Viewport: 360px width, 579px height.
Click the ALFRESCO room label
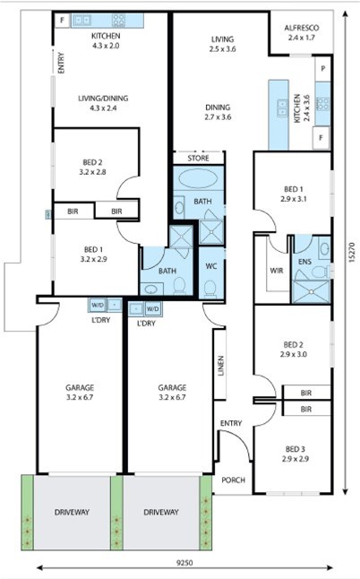[302, 28]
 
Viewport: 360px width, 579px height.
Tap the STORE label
[199, 159]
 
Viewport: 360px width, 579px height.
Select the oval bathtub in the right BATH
[198, 179]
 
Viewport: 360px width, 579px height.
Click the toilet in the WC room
[210, 288]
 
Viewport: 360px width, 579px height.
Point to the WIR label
[277, 271]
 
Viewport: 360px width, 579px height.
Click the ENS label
[304, 262]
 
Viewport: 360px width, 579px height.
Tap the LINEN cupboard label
[221, 366]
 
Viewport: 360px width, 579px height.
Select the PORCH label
[233, 480]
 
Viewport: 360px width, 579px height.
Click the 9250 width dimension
[184, 563]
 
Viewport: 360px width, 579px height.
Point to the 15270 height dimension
[352, 252]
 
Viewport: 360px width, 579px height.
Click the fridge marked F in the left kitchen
[63, 21]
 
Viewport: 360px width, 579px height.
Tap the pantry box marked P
[322, 69]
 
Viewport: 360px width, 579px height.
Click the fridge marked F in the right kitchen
[321, 138]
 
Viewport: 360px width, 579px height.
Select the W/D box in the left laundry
[98, 305]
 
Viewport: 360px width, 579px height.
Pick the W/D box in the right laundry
[153, 308]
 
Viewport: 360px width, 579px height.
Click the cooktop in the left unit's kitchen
[119, 21]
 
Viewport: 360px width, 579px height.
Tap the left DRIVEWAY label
[72, 512]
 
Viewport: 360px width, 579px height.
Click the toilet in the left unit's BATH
[180, 286]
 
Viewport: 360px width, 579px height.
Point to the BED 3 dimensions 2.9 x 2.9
[296, 459]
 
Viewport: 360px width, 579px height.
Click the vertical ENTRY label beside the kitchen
[61, 63]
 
